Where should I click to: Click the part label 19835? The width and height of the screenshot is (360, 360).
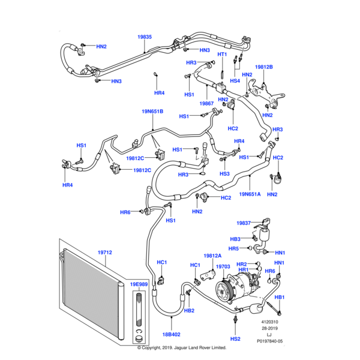click(x=145, y=37)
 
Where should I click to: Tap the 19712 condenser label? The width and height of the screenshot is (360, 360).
click(x=104, y=253)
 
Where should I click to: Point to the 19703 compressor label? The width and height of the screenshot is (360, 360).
click(x=223, y=266)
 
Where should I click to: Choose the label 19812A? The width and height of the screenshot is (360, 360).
click(x=213, y=256)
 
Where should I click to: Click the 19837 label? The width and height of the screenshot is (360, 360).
click(x=243, y=223)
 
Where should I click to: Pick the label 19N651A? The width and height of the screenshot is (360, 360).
click(x=250, y=194)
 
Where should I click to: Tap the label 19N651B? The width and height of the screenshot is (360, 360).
click(x=152, y=111)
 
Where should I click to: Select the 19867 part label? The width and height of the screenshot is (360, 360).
click(x=208, y=104)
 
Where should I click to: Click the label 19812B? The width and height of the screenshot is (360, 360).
click(x=264, y=67)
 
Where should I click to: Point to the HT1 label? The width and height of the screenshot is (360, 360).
click(x=222, y=55)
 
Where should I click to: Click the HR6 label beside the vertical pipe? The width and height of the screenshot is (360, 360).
click(x=125, y=212)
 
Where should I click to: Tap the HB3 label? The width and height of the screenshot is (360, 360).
click(x=235, y=239)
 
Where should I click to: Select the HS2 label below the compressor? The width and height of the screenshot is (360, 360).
click(x=235, y=338)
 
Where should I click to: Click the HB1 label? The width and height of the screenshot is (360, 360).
click(x=280, y=298)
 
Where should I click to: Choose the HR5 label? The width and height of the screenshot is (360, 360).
click(x=234, y=248)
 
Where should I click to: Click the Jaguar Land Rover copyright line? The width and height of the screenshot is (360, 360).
click(x=181, y=347)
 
